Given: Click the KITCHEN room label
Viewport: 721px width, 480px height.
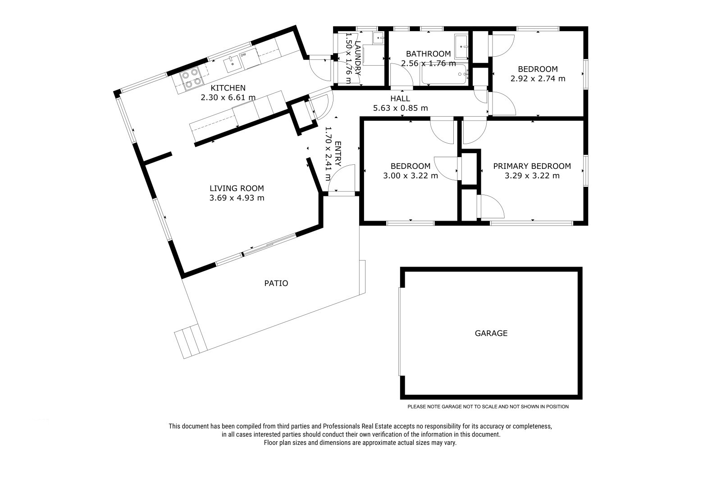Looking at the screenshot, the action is (228, 88).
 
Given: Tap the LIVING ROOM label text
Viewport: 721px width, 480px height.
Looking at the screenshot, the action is (237, 188).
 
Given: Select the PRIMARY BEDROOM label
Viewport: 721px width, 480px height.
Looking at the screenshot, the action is (532, 166).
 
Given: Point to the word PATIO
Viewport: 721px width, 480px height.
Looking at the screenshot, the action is (276, 283).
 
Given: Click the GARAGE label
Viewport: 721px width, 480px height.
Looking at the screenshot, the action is (491, 333).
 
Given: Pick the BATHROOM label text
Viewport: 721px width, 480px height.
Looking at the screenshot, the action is (429, 54).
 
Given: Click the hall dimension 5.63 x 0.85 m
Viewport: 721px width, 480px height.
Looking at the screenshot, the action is (401, 108).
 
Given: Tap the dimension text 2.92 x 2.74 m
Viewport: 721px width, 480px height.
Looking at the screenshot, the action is (538, 78).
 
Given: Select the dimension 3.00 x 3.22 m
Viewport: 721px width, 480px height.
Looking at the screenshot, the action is (411, 176).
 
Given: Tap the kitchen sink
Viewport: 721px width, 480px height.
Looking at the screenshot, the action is (233, 63).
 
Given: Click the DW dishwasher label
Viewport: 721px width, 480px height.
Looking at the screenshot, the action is (243, 55).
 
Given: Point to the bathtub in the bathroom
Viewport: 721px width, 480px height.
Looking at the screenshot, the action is (444, 74).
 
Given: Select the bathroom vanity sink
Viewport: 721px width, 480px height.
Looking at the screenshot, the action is (461, 47).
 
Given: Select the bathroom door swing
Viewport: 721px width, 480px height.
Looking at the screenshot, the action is (402, 75).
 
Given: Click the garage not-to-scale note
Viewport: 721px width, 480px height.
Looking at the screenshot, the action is (488, 407).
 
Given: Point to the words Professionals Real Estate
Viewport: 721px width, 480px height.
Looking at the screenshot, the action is (357, 426).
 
